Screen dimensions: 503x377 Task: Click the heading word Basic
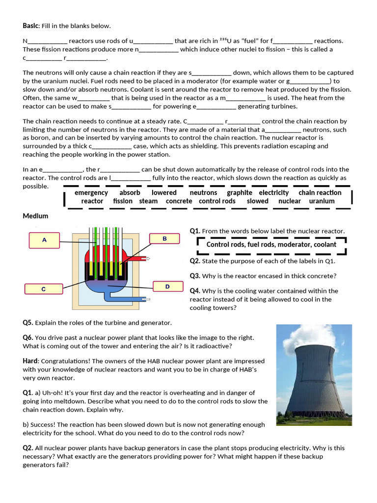click(x=31, y=26)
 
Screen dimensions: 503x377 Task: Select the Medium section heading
click(x=35, y=216)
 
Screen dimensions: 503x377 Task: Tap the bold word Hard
click(x=30, y=361)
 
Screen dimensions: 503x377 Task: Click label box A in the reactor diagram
click(x=44, y=240)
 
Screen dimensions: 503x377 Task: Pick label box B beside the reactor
click(x=164, y=239)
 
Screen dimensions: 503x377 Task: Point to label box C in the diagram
click(x=43, y=289)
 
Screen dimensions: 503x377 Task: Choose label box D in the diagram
click(x=167, y=286)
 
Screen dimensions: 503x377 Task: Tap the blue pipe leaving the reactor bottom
click(x=128, y=299)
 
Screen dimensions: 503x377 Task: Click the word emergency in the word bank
click(x=91, y=193)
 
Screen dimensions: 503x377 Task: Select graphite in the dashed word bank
click(x=240, y=193)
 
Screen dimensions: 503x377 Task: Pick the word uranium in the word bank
click(x=322, y=201)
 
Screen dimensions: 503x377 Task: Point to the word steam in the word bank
click(x=148, y=201)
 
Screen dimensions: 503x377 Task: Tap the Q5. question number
click(x=28, y=323)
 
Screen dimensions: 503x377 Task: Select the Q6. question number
click(x=28, y=337)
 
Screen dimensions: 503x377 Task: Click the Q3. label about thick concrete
click(x=195, y=276)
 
